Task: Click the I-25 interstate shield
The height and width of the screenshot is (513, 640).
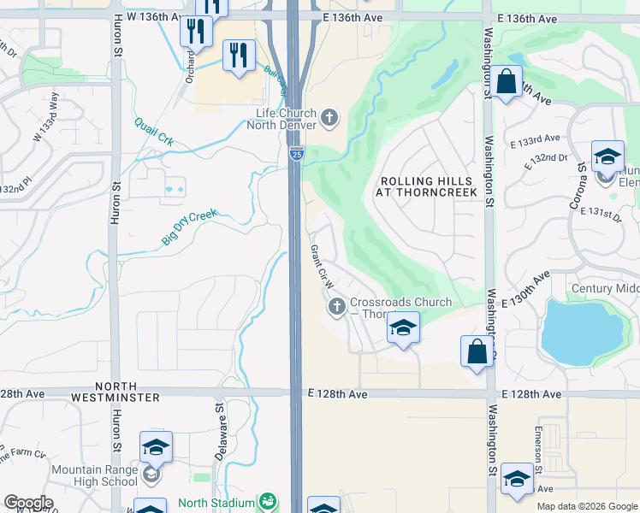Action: pos(296,154)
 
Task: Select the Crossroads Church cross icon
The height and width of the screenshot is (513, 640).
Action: pos(337,305)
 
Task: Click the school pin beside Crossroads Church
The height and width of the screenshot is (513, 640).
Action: pos(402,327)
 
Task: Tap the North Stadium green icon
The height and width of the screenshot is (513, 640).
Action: pos(268,502)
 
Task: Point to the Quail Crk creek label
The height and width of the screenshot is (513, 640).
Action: pos(153,133)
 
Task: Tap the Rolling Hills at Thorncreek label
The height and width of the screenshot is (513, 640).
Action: pos(424,187)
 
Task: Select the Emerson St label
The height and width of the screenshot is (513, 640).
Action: pos(539,450)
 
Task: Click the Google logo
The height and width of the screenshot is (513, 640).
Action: pos(28,503)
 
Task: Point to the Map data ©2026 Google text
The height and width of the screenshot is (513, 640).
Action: pos(586,506)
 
